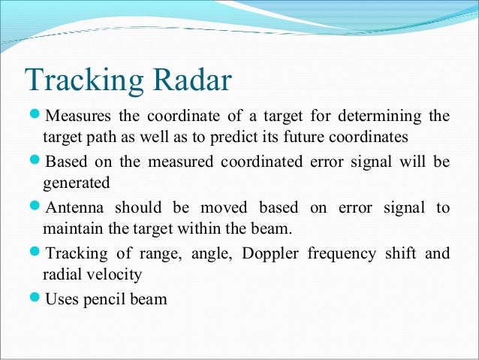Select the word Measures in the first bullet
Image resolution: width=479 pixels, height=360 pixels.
pyautogui.click(x=79, y=116)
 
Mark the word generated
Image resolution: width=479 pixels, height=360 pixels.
pyautogui.click(x=76, y=183)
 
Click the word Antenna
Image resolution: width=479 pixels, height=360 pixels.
pyautogui.click(x=75, y=207)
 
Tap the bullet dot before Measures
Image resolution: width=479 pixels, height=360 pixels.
pyautogui.click(x=35, y=116)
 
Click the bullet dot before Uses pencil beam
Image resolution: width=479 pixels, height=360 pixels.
pyautogui.click(x=35, y=298)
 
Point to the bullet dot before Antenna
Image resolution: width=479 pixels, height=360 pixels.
pyautogui.click(x=35, y=207)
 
